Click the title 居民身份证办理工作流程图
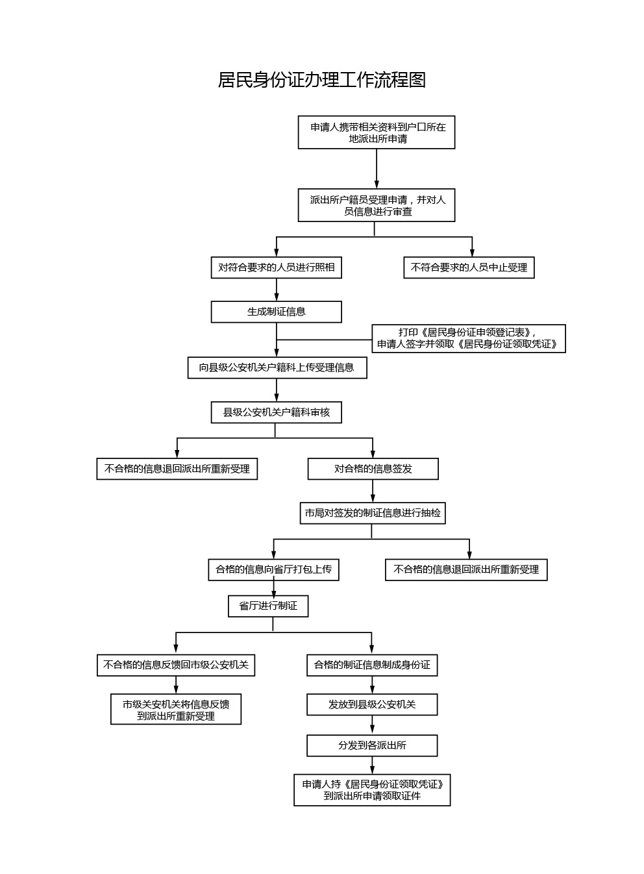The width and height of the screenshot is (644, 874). (x=321, y=80)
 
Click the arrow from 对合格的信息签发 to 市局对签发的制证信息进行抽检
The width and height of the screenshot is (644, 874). (x=373, y=492)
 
